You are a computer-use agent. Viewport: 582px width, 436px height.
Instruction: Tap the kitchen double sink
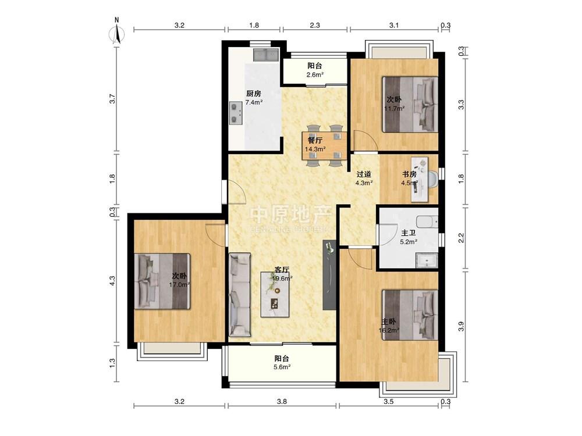[266, 55]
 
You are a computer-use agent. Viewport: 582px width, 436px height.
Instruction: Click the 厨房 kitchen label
[254, 94]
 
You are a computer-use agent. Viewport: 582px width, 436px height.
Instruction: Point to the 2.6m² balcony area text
[315, 74]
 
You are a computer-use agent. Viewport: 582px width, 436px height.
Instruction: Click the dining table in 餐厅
[324, 145]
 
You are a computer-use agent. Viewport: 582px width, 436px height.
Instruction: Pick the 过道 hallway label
[364, 174]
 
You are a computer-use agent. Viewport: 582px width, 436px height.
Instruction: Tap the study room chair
[433, 179]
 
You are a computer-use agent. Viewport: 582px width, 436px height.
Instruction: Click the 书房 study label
[409, 174]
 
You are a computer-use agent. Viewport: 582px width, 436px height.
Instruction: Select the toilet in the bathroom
[427, 222]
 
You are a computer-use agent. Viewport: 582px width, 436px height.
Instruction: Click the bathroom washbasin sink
[427, 260]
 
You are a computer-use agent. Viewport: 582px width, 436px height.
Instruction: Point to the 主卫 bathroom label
[409, 233]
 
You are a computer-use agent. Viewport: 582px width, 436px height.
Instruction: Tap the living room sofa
[240, 294]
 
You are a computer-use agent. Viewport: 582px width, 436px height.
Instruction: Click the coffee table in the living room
[275, 294]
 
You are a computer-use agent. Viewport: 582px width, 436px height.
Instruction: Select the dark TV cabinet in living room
[329, 275]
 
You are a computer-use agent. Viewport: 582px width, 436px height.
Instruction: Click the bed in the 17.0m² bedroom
[162, 281]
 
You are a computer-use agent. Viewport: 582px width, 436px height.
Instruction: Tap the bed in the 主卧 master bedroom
[410, 315]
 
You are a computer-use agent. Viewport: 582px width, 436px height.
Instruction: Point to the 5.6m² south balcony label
[282, 367]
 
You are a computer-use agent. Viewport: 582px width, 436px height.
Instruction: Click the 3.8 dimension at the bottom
[282, 402]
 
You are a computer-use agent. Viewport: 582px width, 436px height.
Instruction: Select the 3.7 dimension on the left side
[112, 99]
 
